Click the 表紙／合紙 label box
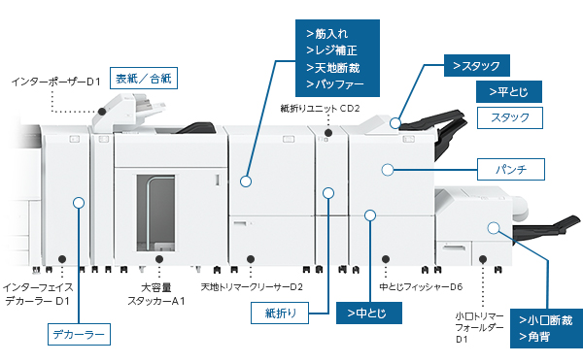click(x=144, y=78)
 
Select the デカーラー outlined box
click(x=79, y=335)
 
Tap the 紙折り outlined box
click(x=280, y=313)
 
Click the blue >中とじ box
click(x=369, y=313)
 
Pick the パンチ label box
click(x=511, y=170)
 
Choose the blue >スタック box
click(x=477, y=66)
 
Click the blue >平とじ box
click(x=508, y=92)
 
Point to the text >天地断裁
click(x=332, y=68)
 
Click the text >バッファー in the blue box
click(x=334, y=84)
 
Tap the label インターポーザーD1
click(x=55, y=82)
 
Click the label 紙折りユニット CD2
click(x=320, y=109)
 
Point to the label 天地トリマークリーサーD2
click(x=252, y=287)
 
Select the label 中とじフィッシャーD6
click(x=421, y=287)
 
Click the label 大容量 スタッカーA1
click(x=156, y=294)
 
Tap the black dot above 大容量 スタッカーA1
click(x=159, y=259)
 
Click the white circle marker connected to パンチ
click(x=388, y=170)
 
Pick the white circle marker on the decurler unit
click(x=79, y=203)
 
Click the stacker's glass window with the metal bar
click(x=155, y=213)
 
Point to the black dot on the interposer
click(x=102, y=112)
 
